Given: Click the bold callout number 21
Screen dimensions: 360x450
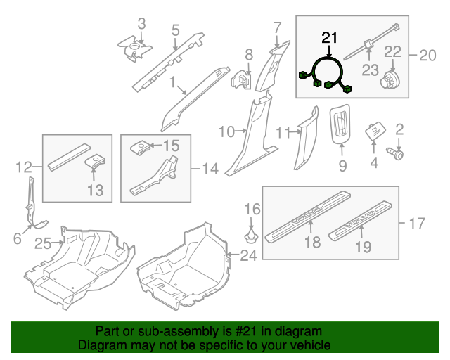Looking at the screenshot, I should pyautogui.click(x=330, y=37).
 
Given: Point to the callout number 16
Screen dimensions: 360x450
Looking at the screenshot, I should pyautogui.click(x=252, y=209).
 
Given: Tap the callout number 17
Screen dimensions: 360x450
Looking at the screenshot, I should pyautogui.click(x=417, y=224).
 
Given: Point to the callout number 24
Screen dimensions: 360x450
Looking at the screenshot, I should pyautogui.click(x=248, y=256).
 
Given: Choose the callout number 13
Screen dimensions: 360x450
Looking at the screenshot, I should pyautogui.click(x=95, y=190).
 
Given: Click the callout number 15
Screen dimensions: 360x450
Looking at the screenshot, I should pyautogui.click(x=171, y=146).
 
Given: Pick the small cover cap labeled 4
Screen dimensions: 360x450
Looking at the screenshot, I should pyautogui.click(x=373, y=131).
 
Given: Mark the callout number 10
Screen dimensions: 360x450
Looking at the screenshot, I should pyautogui.click(x=226, y=131).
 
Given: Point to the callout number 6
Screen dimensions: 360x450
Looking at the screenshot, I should pyautogui.click(x=18, y=239).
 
